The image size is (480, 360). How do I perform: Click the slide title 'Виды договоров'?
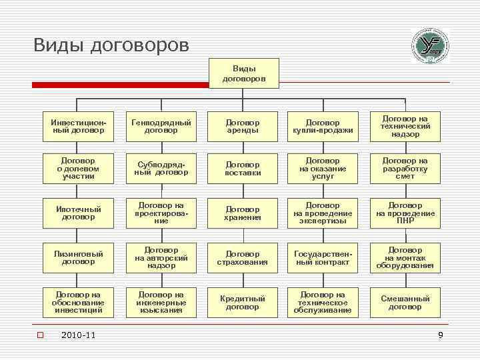(111, 45)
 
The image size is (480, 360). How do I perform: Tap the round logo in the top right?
(431, 45)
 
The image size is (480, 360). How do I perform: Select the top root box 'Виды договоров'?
(243, 73)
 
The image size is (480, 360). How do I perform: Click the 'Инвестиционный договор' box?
(78, 126)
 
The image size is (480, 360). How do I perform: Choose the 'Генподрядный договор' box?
(161, 126)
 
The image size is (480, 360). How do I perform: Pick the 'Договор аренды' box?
(242, 126)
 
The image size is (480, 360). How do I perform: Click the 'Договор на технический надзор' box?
(405, 126)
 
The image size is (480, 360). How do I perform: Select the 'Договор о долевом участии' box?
(78, 168)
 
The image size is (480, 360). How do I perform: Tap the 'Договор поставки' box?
(242, 168)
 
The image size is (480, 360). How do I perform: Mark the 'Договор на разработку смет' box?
(405, 168)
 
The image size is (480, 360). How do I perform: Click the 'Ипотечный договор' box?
(78, 213)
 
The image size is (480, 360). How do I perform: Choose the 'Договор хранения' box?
(242, 213)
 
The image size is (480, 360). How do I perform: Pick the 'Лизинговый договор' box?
(78, 257)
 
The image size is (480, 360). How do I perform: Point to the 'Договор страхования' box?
(242, 257)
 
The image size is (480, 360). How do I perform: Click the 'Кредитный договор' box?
(242, 302)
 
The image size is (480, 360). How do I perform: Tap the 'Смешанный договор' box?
(405, 302)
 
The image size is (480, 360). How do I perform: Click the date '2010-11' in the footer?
(78, 335)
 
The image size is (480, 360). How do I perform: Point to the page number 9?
(440, 335)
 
